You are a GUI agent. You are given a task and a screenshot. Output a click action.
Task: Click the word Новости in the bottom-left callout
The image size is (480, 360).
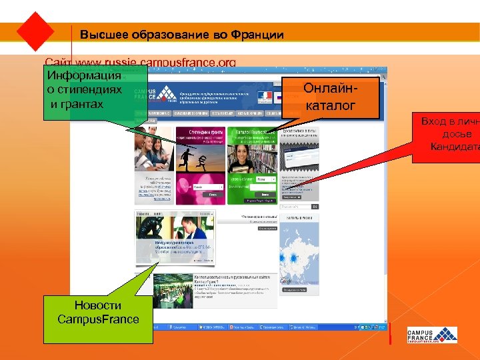[98, 305]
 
